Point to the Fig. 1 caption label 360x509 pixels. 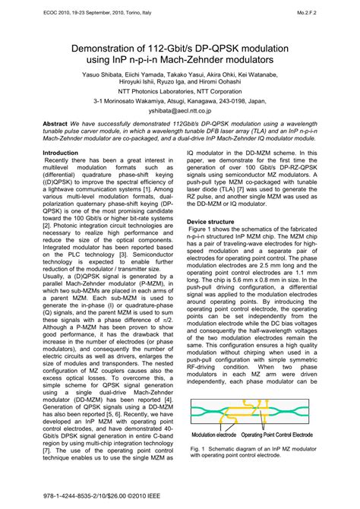(x=197, y=449)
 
